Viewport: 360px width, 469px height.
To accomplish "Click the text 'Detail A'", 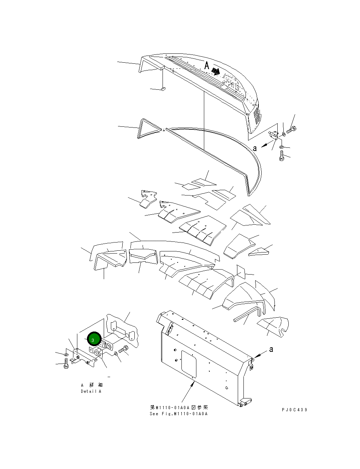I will point(91,391).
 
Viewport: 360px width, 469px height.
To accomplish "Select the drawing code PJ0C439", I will point(294,410).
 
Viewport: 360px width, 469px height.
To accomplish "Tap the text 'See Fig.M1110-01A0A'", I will point(179,414).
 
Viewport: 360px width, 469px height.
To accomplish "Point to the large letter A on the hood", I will point(207,66).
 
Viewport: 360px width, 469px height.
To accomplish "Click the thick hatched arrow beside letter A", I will point(216,71).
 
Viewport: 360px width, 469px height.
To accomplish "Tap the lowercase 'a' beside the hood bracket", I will point(254,148).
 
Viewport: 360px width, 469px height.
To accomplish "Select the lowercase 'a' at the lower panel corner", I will point(271,349).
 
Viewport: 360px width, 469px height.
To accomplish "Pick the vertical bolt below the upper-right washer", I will point(282,156).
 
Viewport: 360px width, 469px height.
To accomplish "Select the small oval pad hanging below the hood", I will point(162,88).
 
